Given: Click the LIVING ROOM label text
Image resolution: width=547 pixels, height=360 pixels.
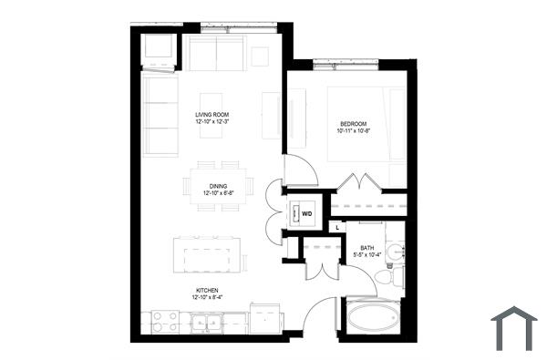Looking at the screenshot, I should point(211,114).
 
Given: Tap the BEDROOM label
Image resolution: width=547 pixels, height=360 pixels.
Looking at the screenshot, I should point(354,123).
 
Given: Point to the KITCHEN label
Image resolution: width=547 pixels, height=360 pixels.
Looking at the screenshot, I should point(207,289).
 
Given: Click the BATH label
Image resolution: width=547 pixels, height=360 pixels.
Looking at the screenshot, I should point(366,247).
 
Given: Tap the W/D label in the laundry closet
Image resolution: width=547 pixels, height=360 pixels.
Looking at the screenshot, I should point(307,215).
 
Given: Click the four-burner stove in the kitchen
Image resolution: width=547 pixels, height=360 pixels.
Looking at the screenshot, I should point(164,320).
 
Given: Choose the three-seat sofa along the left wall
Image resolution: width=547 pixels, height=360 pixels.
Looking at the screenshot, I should point(160,115).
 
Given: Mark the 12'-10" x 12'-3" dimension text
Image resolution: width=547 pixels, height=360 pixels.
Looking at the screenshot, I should point(211,121).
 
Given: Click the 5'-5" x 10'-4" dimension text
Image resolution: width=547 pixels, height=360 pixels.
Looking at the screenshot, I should point(366,254).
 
